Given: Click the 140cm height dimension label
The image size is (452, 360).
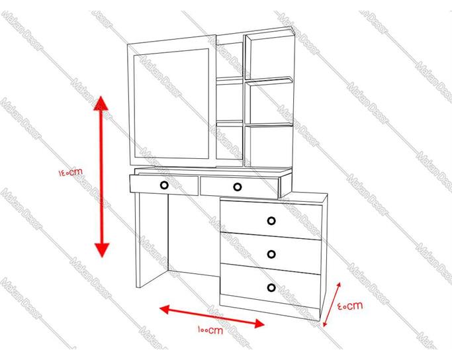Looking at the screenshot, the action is click(71, 172).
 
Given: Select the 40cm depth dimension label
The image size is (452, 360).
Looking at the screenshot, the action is click(350, 306).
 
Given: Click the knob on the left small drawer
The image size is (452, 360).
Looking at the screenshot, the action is click(164, 185).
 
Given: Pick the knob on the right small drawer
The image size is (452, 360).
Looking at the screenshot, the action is click(237, 187).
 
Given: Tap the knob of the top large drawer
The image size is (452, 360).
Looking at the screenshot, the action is click(271, 221).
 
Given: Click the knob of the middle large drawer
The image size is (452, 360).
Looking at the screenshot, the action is click(271, 254).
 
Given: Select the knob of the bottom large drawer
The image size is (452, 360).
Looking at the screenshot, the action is click(271, 288).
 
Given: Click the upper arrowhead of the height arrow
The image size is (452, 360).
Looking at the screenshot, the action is click(101, 103).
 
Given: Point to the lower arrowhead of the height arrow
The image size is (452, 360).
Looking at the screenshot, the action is click(102, 249).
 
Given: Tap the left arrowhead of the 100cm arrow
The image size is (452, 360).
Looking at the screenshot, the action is click(165, 310).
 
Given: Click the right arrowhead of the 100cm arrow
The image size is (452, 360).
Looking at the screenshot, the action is click(259, 324).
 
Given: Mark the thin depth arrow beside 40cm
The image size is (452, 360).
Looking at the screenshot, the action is click(332, 304).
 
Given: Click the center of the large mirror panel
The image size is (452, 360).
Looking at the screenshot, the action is click(171, 104).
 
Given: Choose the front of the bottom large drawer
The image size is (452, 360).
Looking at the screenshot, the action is click(271, 285).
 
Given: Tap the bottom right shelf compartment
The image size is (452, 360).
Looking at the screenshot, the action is click(271, 146).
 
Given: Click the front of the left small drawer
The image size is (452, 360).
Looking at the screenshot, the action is click(164, 185).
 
